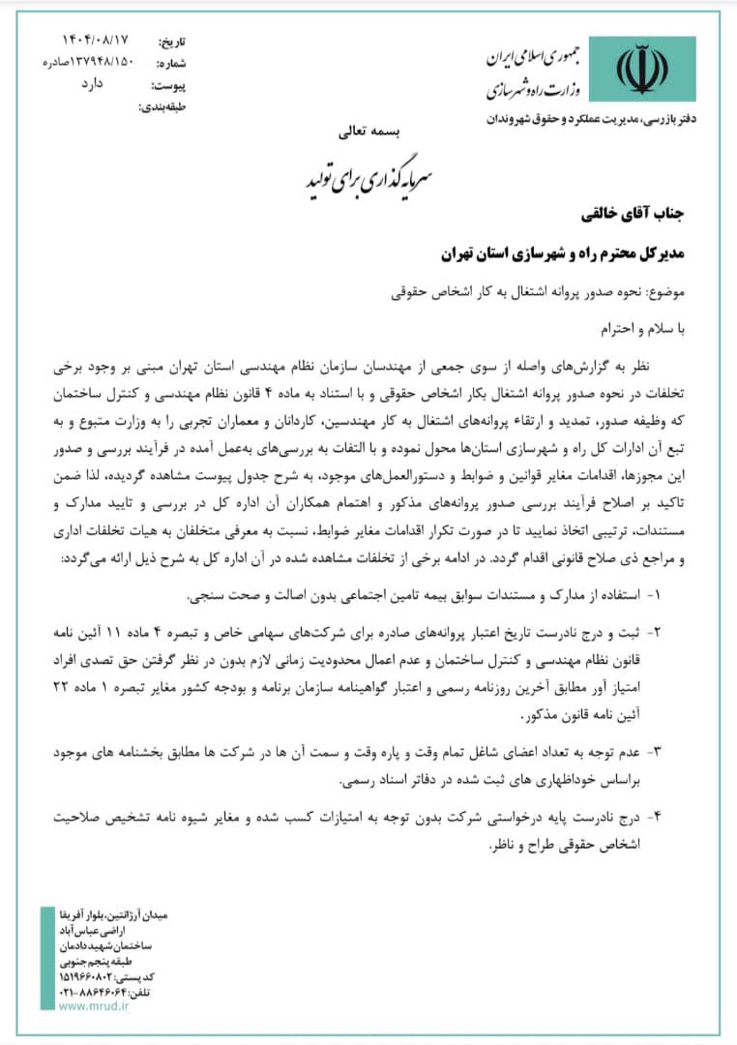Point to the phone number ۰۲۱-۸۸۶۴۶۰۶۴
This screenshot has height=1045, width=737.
click(94, 993)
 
